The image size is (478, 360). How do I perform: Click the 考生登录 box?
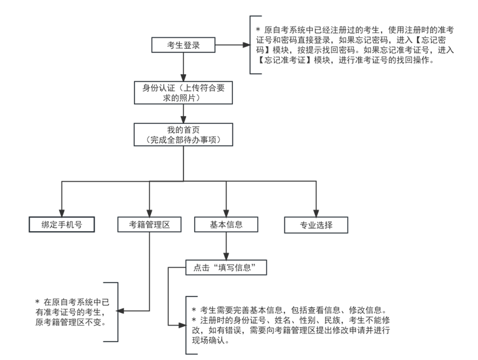click(x=183, y=45)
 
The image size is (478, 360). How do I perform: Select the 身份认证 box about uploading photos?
click(x=183, y=93)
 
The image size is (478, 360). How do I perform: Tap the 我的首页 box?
click(x=183, y=135)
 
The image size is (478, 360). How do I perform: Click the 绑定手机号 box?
click(x=62, y=224)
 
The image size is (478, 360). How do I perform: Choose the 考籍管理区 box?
click(x=149, y=224)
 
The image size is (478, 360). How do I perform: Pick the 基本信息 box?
click(x=226, y=224)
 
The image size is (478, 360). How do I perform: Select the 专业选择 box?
click(x=316, y=225)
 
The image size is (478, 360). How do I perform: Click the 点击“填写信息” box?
click(x=226, y=267)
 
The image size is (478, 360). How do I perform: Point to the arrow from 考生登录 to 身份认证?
click(x=183, y=67)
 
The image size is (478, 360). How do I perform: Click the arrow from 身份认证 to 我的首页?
click(x=183, y=114)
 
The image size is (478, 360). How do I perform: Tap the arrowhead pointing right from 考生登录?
click(x=246, y=45)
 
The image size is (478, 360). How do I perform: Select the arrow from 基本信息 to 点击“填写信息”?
click(x=226, y=246)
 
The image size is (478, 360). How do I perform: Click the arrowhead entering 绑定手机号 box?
click(x=62, y=213)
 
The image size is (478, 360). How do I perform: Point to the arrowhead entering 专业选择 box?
click(x=316, y=213)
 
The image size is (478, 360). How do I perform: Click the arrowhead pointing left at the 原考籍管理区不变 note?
click(x=121, y=311)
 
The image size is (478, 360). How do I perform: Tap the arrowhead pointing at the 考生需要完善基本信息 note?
click(x=182, y=325)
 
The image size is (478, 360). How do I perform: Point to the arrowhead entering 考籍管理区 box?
click(x=149, y=213)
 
